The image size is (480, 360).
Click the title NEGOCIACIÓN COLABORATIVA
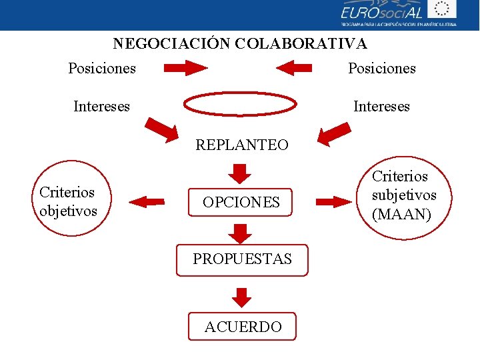[240, 44]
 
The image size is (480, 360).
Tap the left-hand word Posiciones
[102, 68]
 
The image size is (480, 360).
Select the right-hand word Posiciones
[382, 68]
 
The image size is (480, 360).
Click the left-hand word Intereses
[102, 106]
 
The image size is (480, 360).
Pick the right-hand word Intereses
[381, 106]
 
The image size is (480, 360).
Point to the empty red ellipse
[240, 105]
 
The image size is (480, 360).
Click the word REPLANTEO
[242, 145]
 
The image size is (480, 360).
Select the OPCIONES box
[242, 202]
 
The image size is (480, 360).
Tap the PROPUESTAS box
[242, 259]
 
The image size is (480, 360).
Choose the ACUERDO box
[242, 327]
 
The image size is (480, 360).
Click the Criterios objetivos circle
[68, 201]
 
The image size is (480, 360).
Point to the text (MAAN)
[401, 215]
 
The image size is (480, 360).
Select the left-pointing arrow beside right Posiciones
[294, 68]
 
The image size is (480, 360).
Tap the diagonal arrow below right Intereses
[334, 133]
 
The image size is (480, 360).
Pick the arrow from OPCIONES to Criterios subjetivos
[337, 201]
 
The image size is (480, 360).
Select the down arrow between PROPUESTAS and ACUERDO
[242, 297]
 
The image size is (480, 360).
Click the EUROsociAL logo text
[383, 12]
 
